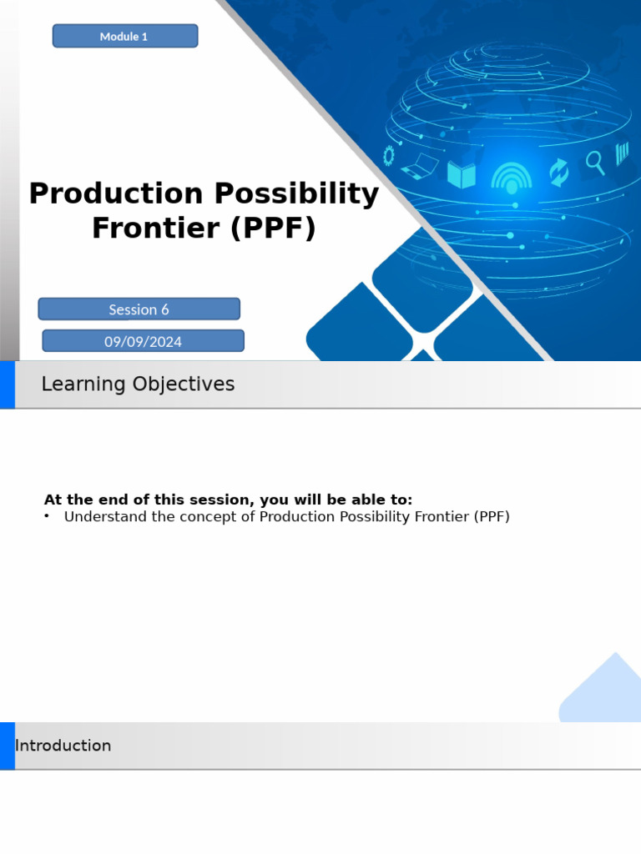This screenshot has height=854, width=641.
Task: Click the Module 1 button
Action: (x=125, y=36)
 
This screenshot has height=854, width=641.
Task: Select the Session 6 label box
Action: (x=139, y=309)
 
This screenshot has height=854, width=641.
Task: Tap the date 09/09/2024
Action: (x=143, y=341)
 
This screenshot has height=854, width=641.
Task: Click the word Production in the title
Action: (x=116, y=194)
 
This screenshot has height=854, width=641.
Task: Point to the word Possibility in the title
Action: (x=296, y=194)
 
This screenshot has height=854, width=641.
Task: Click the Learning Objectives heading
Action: (x=138, y=384)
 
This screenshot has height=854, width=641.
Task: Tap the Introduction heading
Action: (x=63, y=746)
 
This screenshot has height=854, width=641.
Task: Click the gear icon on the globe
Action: (x=389, y=155)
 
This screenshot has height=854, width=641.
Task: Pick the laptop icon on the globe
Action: (x=420, y=167)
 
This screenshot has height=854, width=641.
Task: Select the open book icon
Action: (x=462, y=175)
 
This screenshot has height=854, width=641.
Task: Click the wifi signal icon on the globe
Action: (x=512, y=177)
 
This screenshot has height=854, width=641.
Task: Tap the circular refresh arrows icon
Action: (x=558, y=173)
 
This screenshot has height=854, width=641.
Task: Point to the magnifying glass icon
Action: (x=595, y=162)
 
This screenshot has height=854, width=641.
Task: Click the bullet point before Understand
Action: (x=47, y=517)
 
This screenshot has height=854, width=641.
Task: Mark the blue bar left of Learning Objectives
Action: (x=7, y=384)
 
